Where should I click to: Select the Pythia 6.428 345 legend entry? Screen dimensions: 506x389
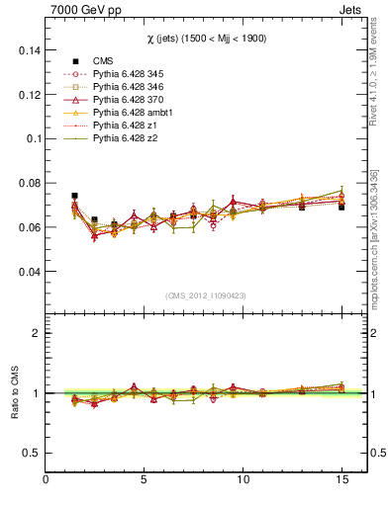(133, 74)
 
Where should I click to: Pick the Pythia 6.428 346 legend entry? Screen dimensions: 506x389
(133, 87)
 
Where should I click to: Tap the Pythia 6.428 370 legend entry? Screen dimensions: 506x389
(133, 100)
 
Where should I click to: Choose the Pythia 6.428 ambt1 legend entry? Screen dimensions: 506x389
(136, 113)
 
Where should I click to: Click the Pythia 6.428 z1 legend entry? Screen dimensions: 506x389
(129, 126)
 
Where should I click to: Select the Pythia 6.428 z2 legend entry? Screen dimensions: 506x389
(129, 138)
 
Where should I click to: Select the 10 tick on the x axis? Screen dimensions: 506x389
(242, 480)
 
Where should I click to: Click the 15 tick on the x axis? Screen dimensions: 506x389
(340, 480)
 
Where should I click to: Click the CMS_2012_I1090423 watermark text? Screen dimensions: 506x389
(205, 295)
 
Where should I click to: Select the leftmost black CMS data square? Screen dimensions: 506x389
(74, 196)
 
